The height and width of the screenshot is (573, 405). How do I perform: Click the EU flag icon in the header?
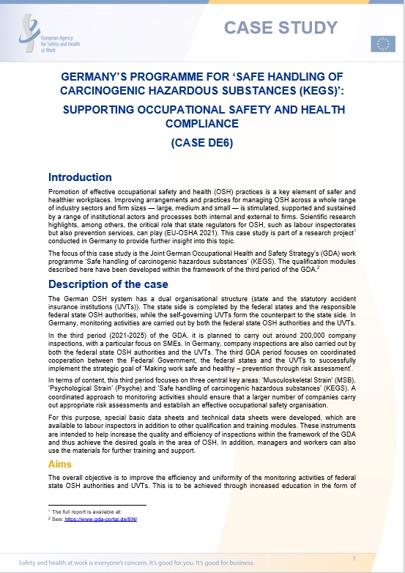[x=382, y=44]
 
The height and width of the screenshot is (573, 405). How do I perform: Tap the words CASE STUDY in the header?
[x=280, y=28]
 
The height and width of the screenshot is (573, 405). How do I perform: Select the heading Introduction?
[x=80, y=177]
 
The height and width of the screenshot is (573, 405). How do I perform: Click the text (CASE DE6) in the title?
[x=202, y=143]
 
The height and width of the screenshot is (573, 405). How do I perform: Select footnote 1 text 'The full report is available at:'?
[x=81, y=511]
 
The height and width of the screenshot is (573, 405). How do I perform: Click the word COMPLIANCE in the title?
[x=203, y=124]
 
